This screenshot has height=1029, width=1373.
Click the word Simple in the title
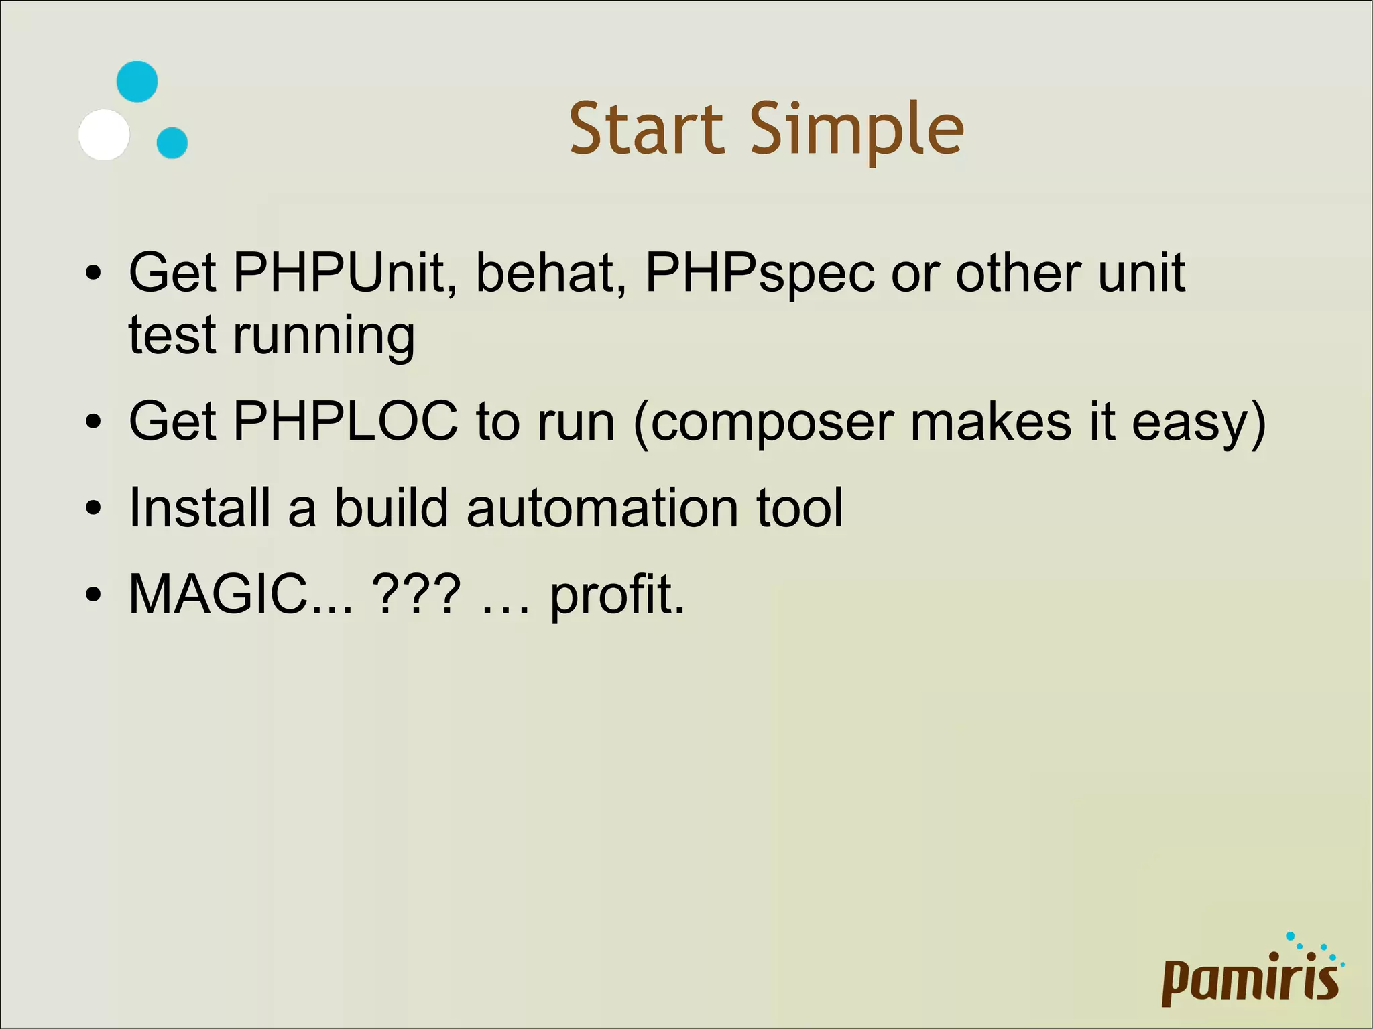pos(856,128)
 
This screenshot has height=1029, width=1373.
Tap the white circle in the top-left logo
pos(104,135)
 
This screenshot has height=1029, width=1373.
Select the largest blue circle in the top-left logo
pos(137,82)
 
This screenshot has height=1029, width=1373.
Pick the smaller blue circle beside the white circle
pos(172,143)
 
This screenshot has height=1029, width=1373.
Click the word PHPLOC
pos(345,422)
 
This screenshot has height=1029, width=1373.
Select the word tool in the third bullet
pos(799,507)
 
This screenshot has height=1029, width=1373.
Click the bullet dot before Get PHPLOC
pos(93,422)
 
